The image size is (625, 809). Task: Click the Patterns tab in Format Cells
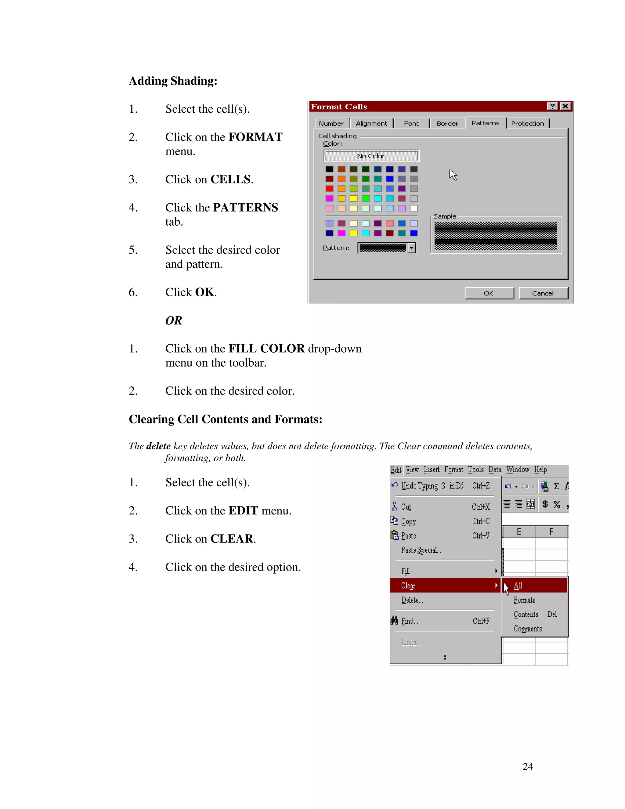click(485, 123)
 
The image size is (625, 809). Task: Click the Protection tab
click(527, 123)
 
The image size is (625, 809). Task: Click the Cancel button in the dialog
click(543, 293)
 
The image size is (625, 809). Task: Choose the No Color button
click(371, 156)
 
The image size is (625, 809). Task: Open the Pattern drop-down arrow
click(412, 248)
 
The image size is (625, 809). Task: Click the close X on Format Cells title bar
click(565, 106)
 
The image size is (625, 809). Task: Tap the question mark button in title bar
click(552, 106)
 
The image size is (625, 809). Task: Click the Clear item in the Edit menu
click(408, 586)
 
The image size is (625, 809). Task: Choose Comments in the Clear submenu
click(527, 629)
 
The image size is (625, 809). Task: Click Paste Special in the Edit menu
click(421, 550)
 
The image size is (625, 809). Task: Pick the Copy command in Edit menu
click(409, 521)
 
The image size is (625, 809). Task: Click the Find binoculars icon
click(394, 620)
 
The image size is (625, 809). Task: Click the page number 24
click(527, 766)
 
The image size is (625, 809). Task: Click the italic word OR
click(173, 321)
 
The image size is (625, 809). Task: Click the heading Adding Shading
click(173, 81)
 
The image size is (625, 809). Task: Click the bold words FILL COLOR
click(266, 349)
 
